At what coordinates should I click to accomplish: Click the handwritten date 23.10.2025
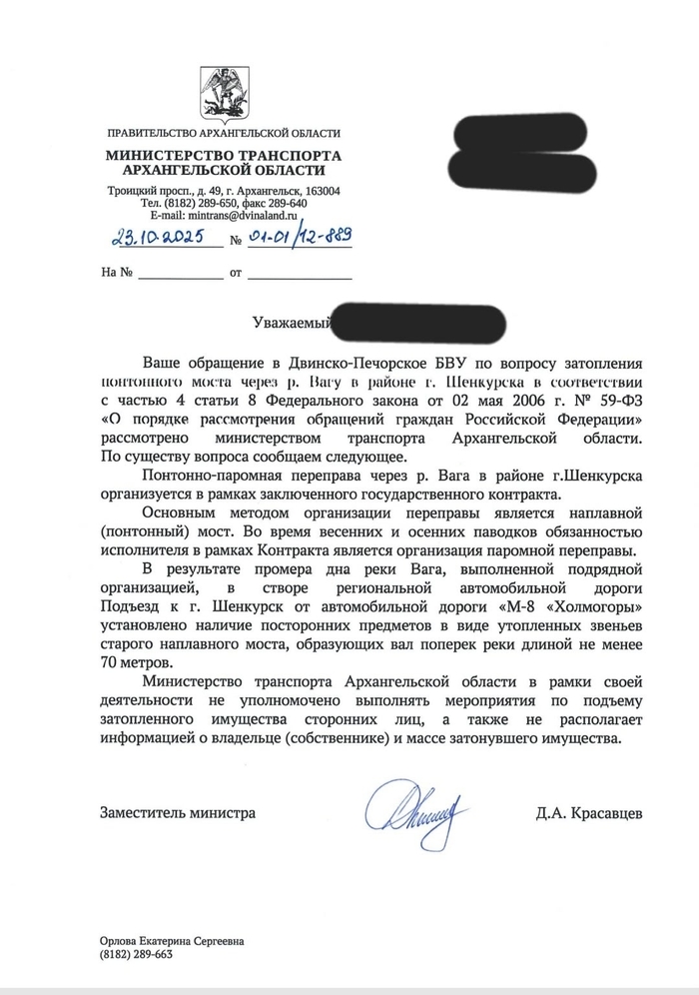[156, 238]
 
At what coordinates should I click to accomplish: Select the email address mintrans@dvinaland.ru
[247, 215]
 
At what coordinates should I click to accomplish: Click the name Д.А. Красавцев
[589, 813]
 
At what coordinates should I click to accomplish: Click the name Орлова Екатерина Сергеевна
[171, 940]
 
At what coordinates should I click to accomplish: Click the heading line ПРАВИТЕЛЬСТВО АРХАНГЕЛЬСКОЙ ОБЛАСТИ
[223, 133]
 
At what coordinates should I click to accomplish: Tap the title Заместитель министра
[177, 813]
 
